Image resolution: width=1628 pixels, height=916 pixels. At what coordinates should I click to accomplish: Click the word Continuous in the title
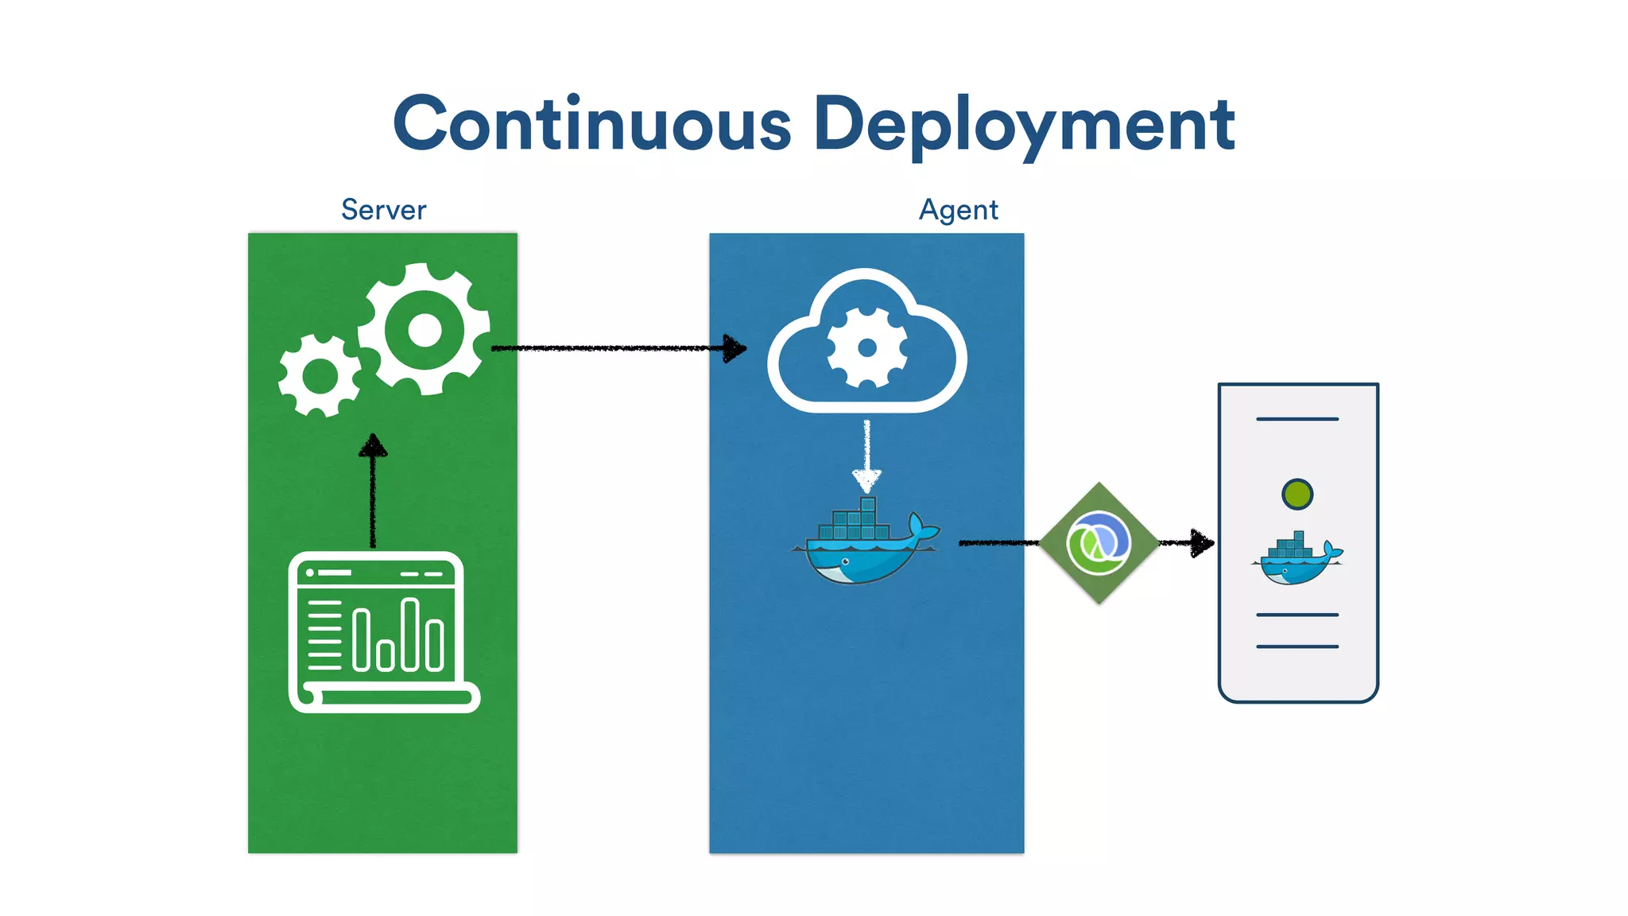(x=592, y=123)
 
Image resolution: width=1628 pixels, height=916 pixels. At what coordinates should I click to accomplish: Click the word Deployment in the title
(x=1024, y=125)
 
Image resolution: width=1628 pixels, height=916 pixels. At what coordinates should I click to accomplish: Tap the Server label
(x=383, y=210)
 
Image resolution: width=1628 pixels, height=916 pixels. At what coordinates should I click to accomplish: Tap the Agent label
(x=958, y=210)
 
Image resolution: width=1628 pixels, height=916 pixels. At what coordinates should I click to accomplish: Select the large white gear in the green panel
(x=424, y=329)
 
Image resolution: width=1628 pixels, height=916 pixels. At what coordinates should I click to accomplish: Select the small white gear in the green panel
(x=320, y=376)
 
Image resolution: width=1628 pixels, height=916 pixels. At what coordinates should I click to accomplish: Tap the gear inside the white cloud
(x=866, y=348)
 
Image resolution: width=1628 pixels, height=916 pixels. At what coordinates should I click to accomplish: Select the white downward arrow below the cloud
(x=866, y=457)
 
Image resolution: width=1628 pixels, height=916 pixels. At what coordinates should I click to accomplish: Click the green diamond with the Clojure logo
(x=1099, y=543)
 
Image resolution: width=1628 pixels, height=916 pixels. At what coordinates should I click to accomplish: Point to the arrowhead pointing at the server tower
(x=1202, y=543)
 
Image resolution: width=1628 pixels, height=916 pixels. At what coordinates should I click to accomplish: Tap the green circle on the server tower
(x=1297, y=494)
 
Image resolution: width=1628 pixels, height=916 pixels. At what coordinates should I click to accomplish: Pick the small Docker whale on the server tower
(x=1297, y=560)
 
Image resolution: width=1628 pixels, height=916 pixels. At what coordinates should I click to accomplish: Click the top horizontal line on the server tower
(x=1297, y=419)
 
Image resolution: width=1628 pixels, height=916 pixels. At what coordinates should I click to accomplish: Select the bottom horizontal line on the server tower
(x=1297, y=646)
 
